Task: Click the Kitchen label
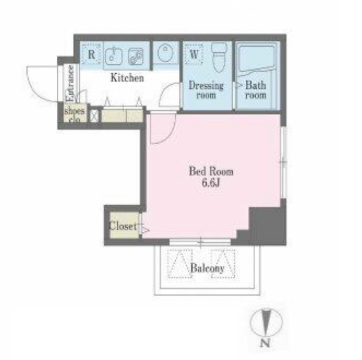pos(127,78)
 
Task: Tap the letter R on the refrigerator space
pos(91,54)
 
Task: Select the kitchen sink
pos(114,56)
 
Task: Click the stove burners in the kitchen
pos(136,56)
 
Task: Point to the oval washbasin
pos(165,52)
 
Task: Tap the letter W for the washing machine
pos(194,54)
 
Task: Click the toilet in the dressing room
pos(219,56)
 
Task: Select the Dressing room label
pos(206,90)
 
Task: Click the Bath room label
pos(256,90)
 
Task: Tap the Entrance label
pos(70,83)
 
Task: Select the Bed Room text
pos(211,172)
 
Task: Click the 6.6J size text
pos(210,183)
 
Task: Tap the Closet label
pos(123,226)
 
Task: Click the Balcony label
pos(208,268)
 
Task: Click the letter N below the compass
pos(266,343)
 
